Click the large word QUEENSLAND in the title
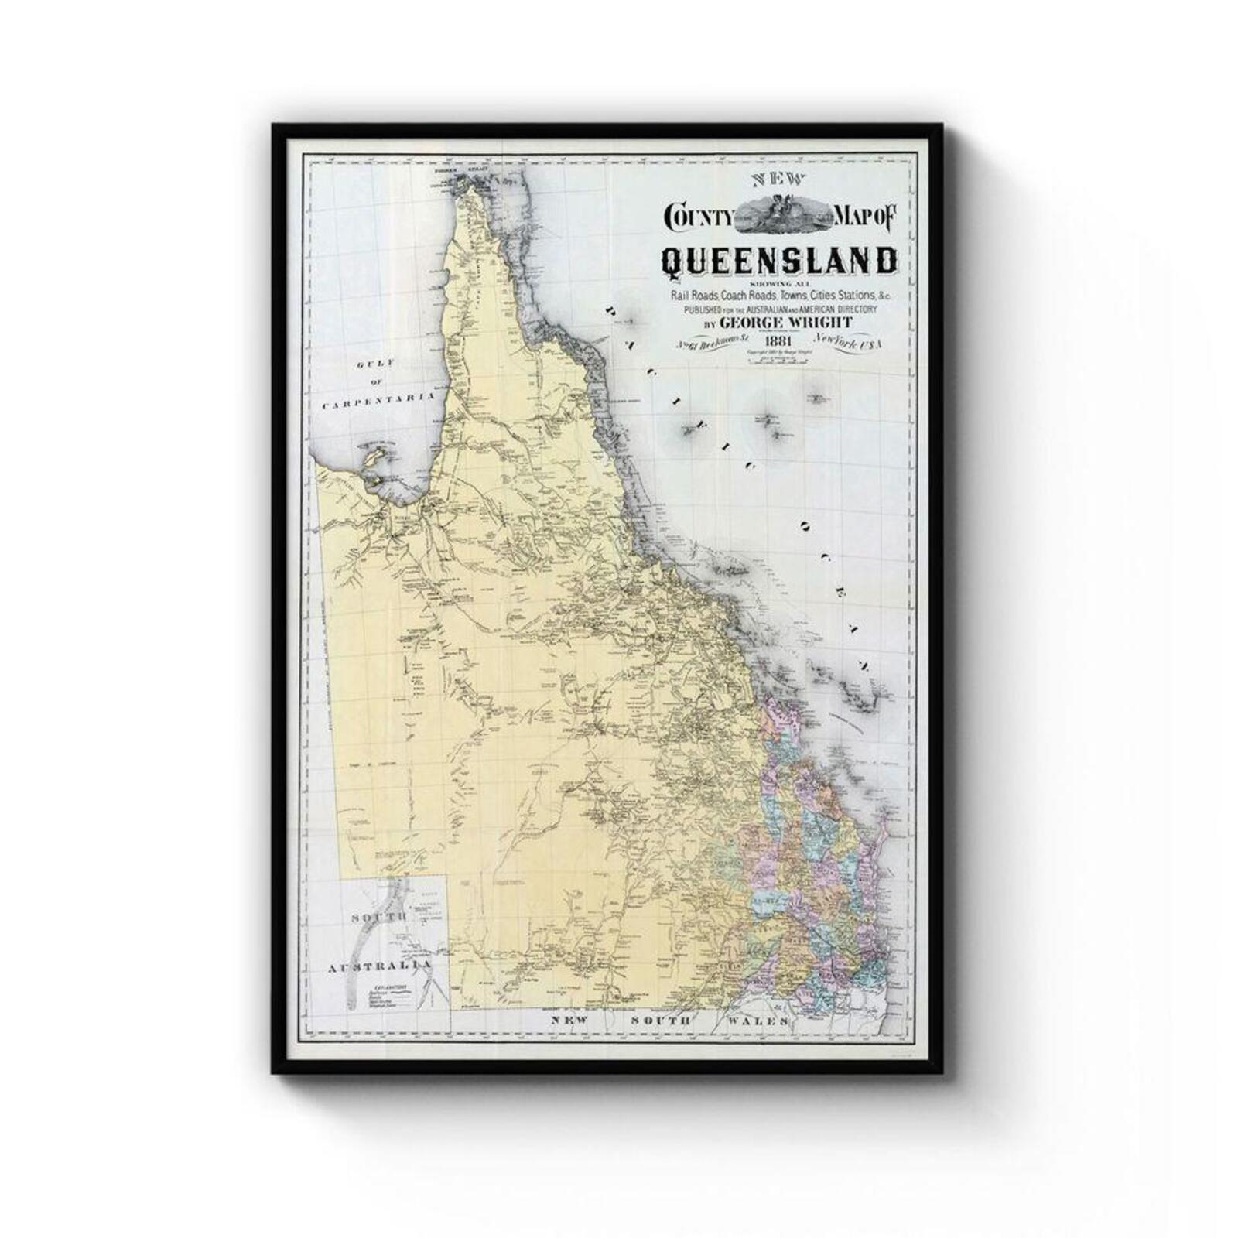pyautogui.click(x=778, y=262)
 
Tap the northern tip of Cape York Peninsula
pyautogui.click(x=462, y=183)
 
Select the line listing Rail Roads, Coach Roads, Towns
pyautogui.click(x=778, y=296)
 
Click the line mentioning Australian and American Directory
pyautogui.click(x=778, y=309)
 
